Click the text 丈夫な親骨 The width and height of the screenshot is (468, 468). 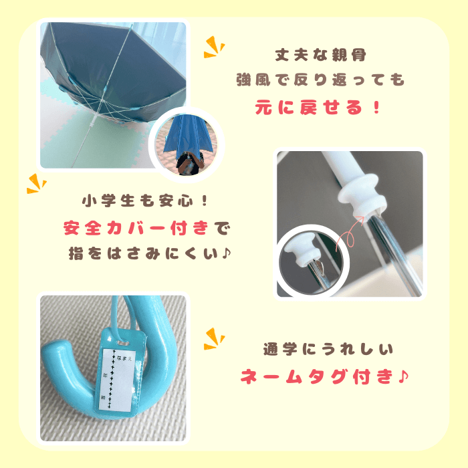320,55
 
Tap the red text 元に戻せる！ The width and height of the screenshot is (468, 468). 318,107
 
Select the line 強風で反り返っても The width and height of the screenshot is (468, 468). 320,80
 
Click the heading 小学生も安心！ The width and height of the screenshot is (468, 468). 145,201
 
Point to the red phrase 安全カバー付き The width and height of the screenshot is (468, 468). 136,229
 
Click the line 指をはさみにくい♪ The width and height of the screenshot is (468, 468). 150,253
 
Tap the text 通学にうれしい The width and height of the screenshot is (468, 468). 328,349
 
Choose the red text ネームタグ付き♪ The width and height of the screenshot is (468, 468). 324,376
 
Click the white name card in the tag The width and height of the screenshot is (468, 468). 117,379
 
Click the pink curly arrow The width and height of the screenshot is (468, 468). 348,235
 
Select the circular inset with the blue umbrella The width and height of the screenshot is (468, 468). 187,145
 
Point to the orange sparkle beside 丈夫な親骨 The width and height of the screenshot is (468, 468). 214,47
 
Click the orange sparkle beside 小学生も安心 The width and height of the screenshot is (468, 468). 36,184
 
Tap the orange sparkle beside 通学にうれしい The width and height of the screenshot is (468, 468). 214,339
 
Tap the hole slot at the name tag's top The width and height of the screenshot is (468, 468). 122,342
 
